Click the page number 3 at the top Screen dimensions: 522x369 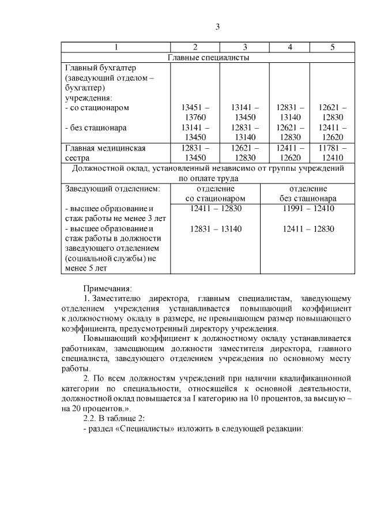(217, 27)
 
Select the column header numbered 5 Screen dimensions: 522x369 (332, 47)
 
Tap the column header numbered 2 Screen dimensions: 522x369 (195, 47)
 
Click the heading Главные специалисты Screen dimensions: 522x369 (208, 57)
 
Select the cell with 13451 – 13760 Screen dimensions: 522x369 (195, 112)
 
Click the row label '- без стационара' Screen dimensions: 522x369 (96, 128)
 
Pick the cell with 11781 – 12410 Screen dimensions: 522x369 (332, 153)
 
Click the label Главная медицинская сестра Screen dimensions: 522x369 (105, 153)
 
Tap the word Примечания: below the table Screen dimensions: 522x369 (108, 287)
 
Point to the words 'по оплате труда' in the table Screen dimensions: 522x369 (208, 179)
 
